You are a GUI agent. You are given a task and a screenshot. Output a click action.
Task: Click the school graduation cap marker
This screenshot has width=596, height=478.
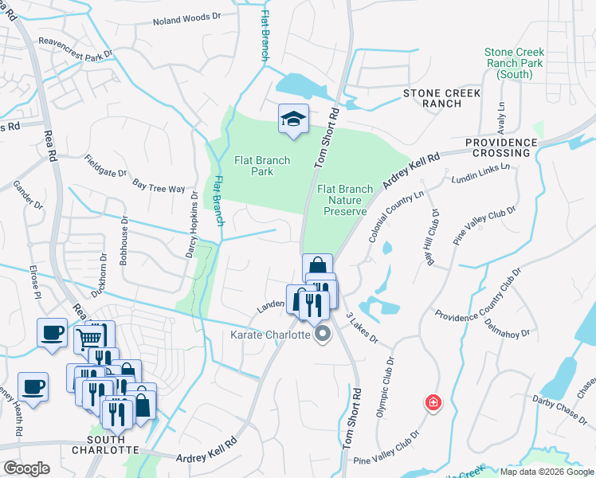[x=293, y=119]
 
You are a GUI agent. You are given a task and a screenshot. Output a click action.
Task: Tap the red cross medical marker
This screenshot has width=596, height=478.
[x=433, y=403]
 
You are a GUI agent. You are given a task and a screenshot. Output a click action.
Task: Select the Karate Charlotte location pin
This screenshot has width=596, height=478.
[x=323, y=335]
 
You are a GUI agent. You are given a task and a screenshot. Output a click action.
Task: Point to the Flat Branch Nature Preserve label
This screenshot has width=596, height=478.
[x=345, y=200]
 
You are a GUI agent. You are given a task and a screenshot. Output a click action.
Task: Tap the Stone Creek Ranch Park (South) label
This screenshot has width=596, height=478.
[x=514, y=63]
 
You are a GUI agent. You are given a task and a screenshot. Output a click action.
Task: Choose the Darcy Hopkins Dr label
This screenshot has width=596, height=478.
[x=192, y=216]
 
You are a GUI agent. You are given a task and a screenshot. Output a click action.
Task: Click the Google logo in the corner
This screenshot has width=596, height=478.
[x=26, y=468]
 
